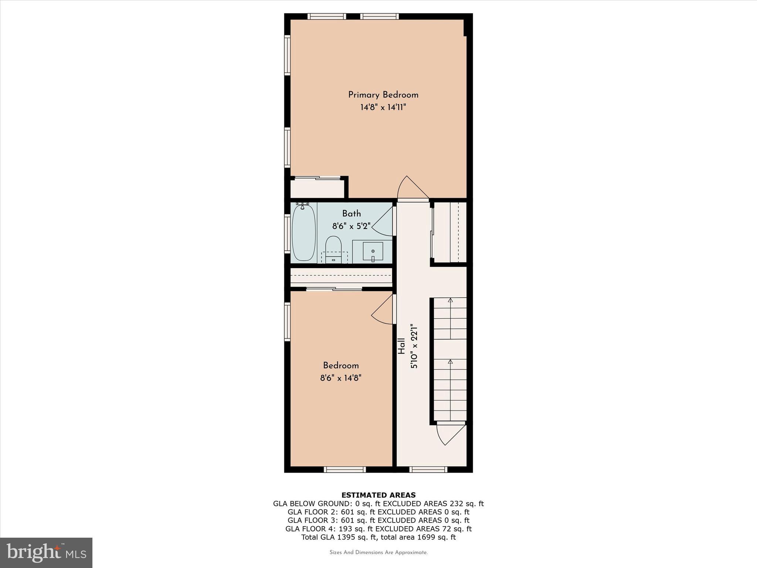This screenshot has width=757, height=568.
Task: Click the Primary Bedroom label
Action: pos(383,95)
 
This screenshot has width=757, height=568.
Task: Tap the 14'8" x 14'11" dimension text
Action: pos(383,108)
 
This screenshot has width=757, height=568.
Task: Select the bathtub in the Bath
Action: pos(304,233)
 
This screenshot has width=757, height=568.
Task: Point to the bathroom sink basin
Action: pos(373,252)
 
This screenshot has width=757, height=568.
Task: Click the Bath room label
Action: pos(351,213)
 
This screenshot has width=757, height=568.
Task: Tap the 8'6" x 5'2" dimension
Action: pos(351,226)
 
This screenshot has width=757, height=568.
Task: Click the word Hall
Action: pos(401,346)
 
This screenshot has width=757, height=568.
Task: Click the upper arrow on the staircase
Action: pos(450,301)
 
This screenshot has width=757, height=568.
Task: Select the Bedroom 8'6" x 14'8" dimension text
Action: pos(340,378)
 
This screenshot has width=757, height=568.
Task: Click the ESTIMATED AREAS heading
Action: pos(378,495)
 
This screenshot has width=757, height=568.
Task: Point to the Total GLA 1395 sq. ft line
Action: pos(378,537)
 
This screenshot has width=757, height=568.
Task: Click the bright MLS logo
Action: pos(46,552)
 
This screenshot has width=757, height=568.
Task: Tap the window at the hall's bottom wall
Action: pos(429,470)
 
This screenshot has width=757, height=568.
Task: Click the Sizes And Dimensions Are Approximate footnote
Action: pos(378,552)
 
